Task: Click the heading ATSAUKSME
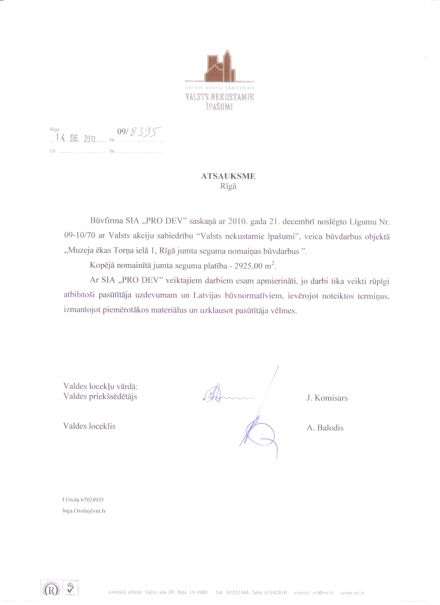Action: (228, 176)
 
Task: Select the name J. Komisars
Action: (327, 398)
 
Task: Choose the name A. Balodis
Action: (325, 428)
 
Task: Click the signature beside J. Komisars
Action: (227, 395)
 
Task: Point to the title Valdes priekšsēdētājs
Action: (100, 396)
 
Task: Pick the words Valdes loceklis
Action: (89, 426)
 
